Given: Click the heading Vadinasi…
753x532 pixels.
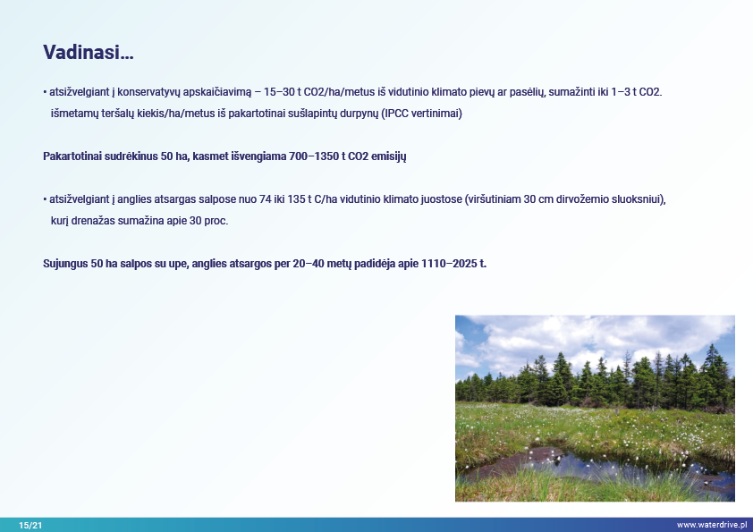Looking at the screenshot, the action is [x=89, y=52].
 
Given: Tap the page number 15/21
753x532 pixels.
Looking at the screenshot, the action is [x=30, y=525].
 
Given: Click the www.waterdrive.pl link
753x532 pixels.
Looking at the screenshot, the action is [x=712, y=525].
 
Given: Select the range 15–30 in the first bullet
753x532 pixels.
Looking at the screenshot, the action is [x=278, y=92].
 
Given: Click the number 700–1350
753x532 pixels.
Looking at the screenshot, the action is [x=314, y=156].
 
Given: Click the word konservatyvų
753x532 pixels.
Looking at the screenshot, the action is [x=148, y=92].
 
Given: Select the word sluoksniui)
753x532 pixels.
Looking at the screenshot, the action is [x=639, y=199].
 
